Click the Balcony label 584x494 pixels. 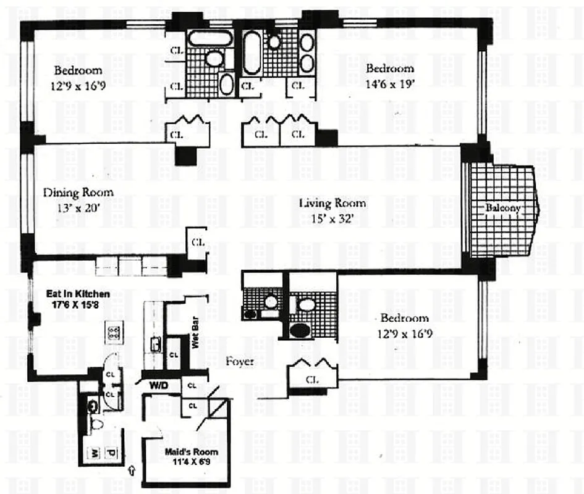(x=502, y=209)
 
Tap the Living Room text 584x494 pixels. (x=332, y=203)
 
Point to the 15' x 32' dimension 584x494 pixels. (x=332, y=218)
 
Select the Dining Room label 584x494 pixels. (x=78, y=193)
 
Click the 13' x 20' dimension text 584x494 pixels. (x=78, y=209)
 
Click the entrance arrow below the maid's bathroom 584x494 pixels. (x=131, y=472)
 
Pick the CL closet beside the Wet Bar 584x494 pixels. (x=174, y=355)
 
